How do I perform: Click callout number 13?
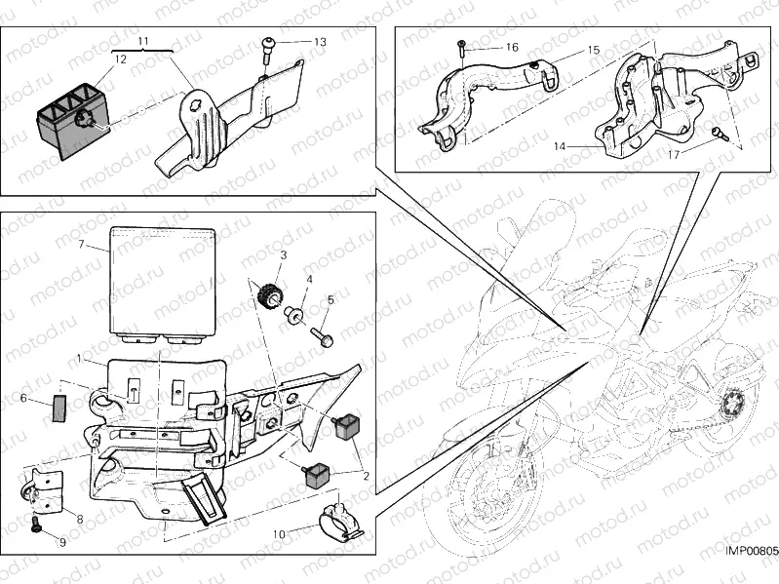click(x=321, y=42)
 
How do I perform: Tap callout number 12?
click(x=120, y=59)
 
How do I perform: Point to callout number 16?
click(x=512, y=47)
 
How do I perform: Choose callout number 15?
click(x=593, y=49)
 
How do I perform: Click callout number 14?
click(x=560, y=146)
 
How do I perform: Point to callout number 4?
click(x=309, y=280)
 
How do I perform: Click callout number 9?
click(x=63, y=542)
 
